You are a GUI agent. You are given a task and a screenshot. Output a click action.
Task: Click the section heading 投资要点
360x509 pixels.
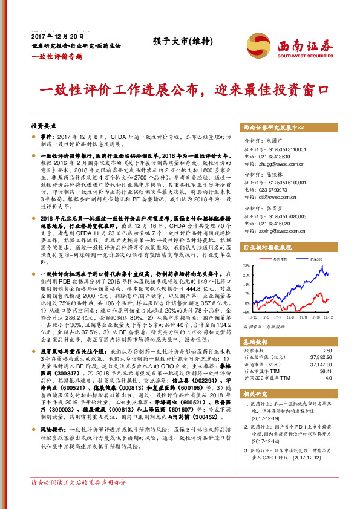pos(44,126)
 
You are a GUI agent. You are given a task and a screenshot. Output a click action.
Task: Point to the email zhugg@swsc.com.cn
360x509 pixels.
pos(275,163)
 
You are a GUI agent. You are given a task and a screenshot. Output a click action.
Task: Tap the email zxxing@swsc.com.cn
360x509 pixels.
pos(275,230)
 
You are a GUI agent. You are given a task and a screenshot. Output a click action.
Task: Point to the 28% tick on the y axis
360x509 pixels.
pos(246,266)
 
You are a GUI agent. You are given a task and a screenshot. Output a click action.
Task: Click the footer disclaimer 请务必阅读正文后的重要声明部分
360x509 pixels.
pos(79,499)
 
